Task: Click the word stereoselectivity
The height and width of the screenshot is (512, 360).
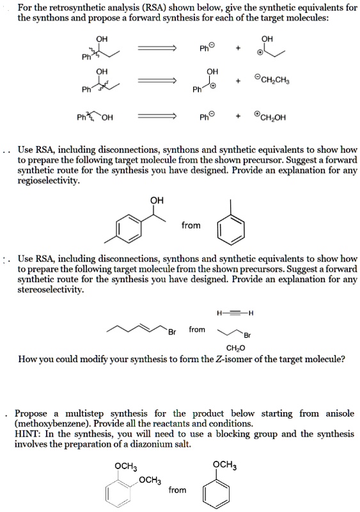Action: (52, 290)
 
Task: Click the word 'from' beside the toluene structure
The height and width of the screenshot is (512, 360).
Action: (191, 225)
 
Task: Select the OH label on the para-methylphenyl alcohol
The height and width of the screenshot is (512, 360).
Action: (157, 201)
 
